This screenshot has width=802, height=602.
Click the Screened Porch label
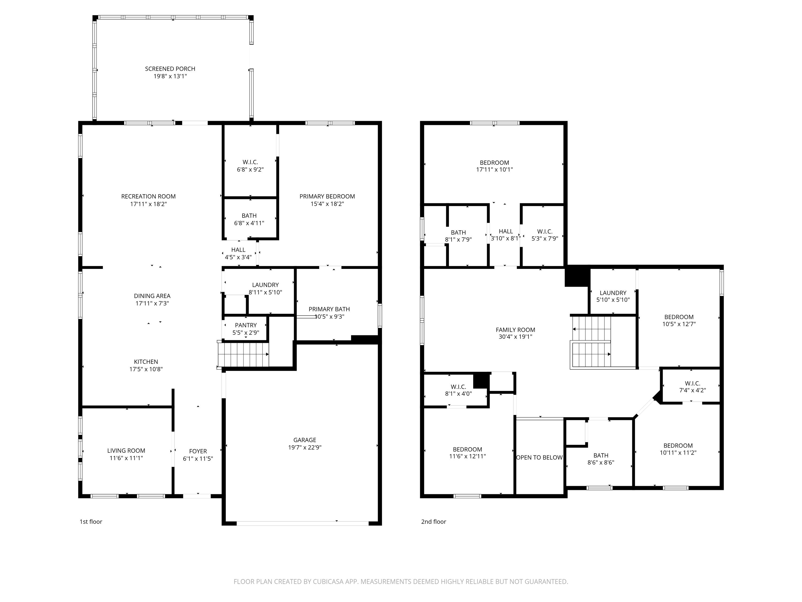(170, 68)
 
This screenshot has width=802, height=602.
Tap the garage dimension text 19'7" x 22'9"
(304, 447)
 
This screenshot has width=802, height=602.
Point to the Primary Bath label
(329, 309)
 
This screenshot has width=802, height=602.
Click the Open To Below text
(539, 458)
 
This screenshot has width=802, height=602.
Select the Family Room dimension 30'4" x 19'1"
(515, 337)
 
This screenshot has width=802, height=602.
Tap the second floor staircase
(591, 342)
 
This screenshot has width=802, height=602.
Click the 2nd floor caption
(433, 521)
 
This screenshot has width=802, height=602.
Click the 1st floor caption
(91, 521)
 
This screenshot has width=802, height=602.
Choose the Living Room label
(126, 451)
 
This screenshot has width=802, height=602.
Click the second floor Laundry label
(613, 293)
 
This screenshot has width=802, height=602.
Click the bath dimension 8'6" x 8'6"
(601, 463)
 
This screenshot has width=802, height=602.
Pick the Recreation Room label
(148, 196)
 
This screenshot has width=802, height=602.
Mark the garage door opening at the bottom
(302, 523)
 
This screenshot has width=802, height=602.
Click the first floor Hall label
(238, 250)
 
